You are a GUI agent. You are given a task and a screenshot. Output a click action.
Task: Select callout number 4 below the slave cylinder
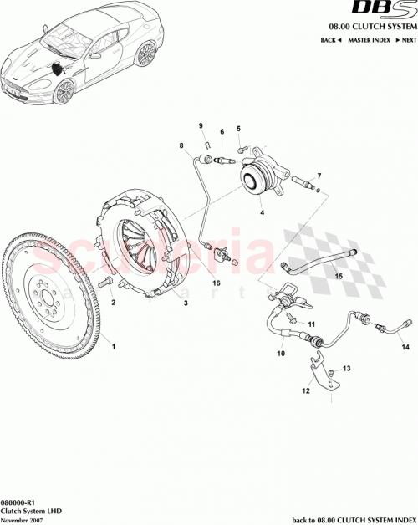tap(262, 213)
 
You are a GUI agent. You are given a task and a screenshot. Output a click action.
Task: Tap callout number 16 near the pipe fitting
tap(216, 283)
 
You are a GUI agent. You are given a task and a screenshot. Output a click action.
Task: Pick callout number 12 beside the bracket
tap(306, 390)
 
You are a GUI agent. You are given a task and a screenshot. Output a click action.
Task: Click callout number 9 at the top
tap(201, 126)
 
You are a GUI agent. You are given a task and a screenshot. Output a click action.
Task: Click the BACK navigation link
tap(333, 40)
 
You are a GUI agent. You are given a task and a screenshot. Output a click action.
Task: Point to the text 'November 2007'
tap(22, 518)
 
